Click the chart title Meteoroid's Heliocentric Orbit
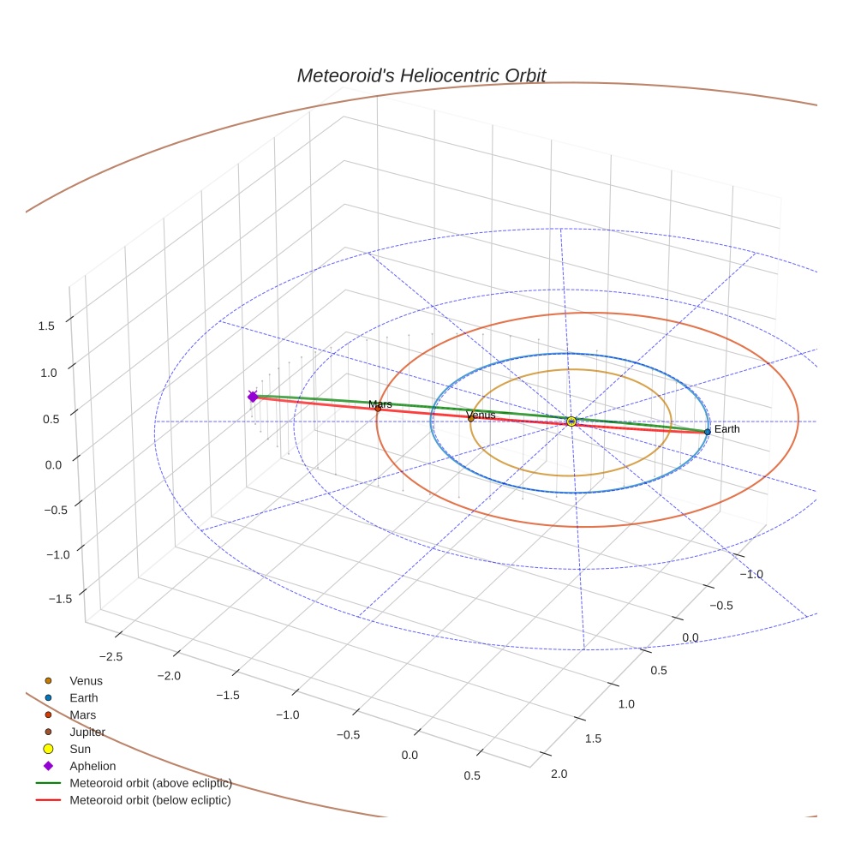[x=421, y=75]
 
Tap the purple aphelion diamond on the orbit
[x=253, y=397]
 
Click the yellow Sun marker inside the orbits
[x=571, y=421]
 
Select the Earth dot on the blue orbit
[x=707, y=431]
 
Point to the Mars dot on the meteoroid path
[x=378, y=409]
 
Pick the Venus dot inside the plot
[x=470, y=418]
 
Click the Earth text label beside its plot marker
[x=726, y=429]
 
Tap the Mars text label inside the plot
[x=380, y=404]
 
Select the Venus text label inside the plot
[x=481, y=415]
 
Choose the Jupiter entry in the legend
[x=87, y=732]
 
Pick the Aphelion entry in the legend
[x=93, y=766]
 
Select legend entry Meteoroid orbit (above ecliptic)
[x=150, y=783]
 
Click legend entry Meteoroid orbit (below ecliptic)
[x=150, y=800]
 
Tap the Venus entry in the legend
[x=86, y=681]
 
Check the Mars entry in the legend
[x=82, y=714]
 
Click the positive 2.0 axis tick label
[x=559, y=774]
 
